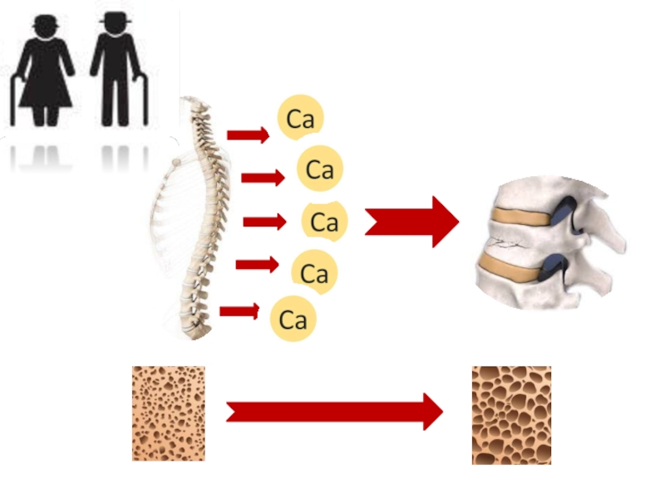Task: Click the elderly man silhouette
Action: click(x=114, y=71)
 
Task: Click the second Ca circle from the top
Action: click(x=320, y=169)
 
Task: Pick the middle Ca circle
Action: click(x=323, y=222)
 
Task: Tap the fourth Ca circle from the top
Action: click(x=314, y=271)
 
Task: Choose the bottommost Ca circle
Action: click(x=293, y=319)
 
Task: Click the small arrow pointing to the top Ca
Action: click(x=248, y=134)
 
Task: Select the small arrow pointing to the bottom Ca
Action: click(x=239, y=311)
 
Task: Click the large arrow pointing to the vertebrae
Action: click(x=411, y=222)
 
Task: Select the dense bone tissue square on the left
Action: click(x=169, y=413)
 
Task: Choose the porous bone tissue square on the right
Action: click(x=511, y=415)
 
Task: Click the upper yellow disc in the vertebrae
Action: click(x=520, y=217)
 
